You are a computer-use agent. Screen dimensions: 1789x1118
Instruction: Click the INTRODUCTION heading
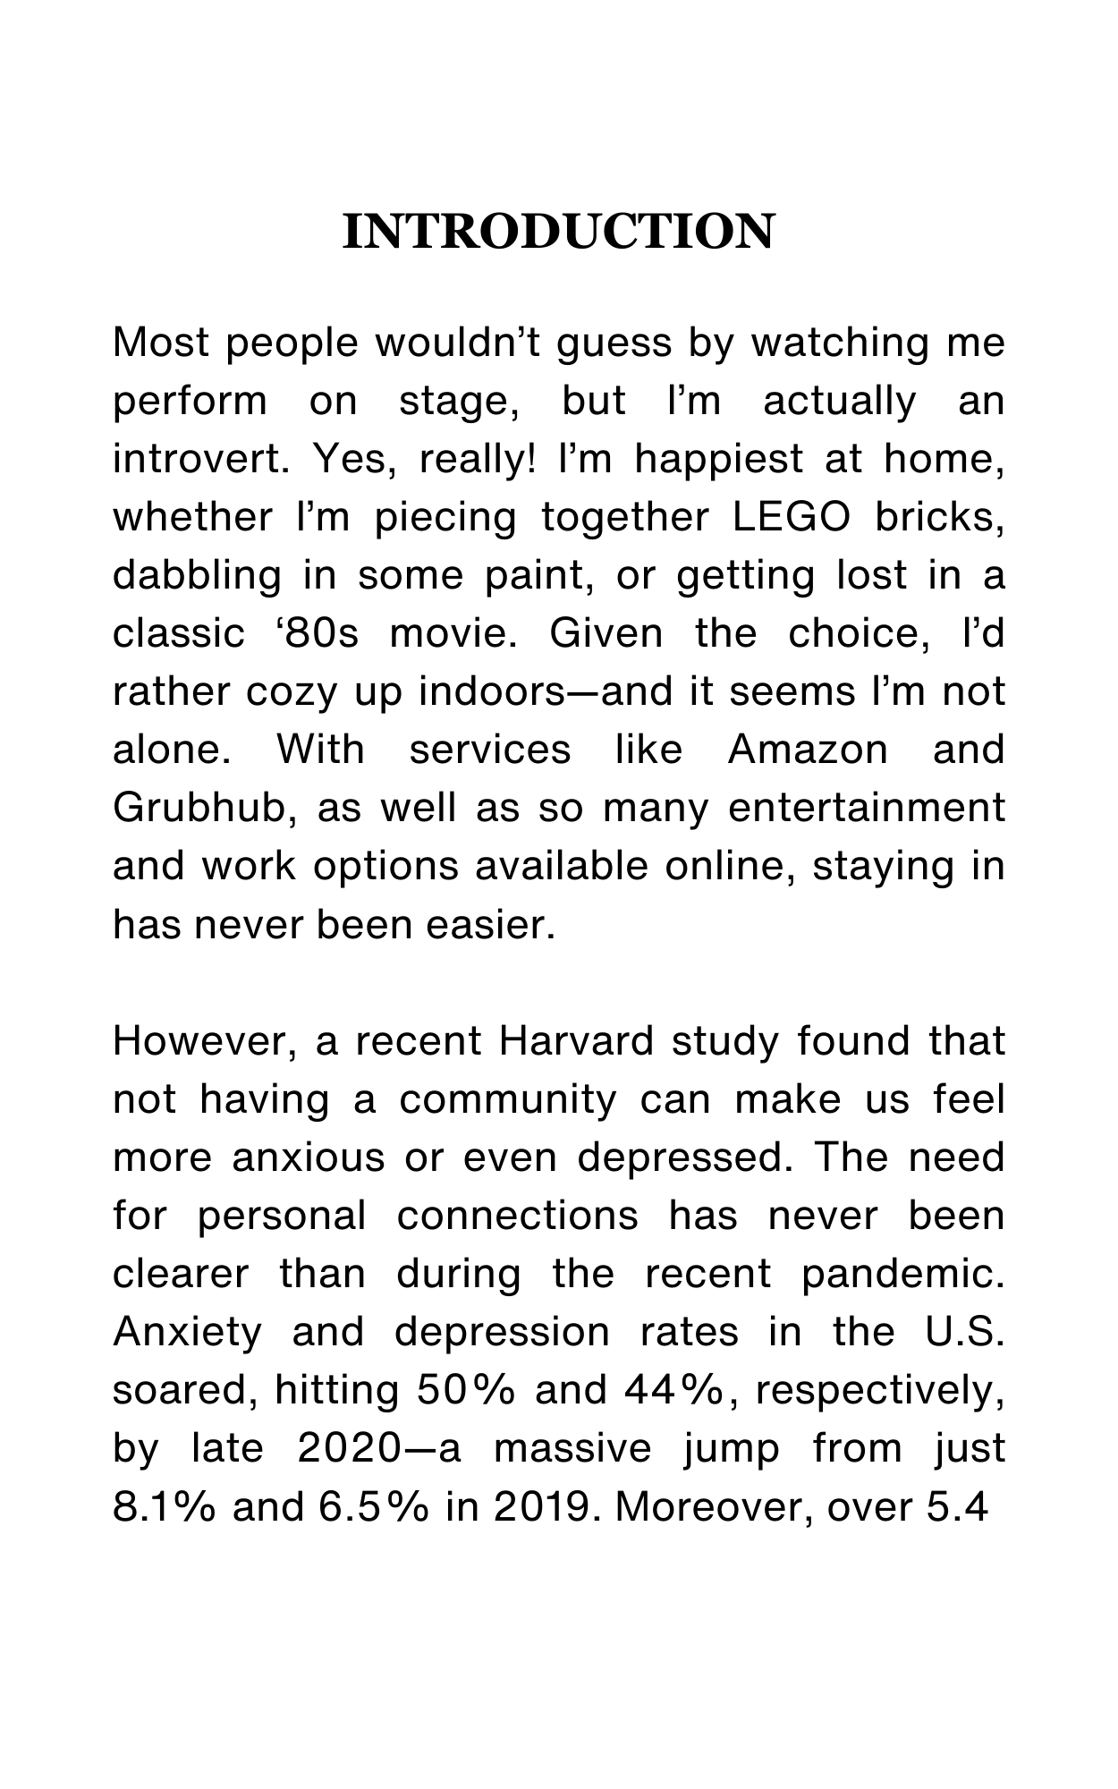pyautogui.click(x=558, y=232)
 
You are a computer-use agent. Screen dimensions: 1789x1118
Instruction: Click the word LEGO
pyautogui.click(x=790, y=518)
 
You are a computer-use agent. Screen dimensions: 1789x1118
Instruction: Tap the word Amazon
pyautogui.click(x=808, y=750)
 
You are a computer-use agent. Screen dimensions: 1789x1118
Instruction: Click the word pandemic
pyautogui.click(x=902, y=1274)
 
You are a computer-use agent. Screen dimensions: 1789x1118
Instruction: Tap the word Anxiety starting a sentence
pyautogui.click(x=187, y=1332)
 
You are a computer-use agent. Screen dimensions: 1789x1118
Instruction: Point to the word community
pyautogui.click(x=507, y=1099)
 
